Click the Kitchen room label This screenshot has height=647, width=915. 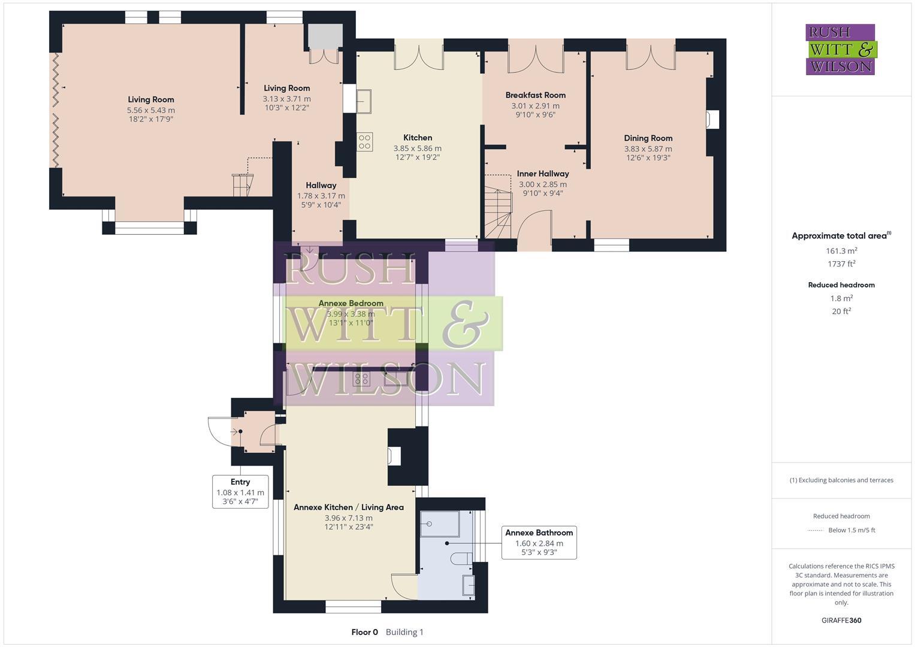417,138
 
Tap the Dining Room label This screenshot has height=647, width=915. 648,138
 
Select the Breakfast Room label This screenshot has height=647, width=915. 535,95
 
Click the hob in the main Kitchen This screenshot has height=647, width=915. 364,141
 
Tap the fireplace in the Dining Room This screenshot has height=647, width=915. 712,120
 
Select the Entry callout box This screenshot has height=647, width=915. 240,491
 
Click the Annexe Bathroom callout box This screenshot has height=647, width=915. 539,543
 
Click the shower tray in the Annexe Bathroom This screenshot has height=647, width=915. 439,524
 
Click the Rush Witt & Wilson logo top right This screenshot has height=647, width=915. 840,50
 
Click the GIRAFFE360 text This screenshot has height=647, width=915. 841,620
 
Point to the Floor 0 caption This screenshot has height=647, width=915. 364,632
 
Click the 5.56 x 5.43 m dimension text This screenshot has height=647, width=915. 150,110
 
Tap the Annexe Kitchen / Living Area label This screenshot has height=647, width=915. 348,507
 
